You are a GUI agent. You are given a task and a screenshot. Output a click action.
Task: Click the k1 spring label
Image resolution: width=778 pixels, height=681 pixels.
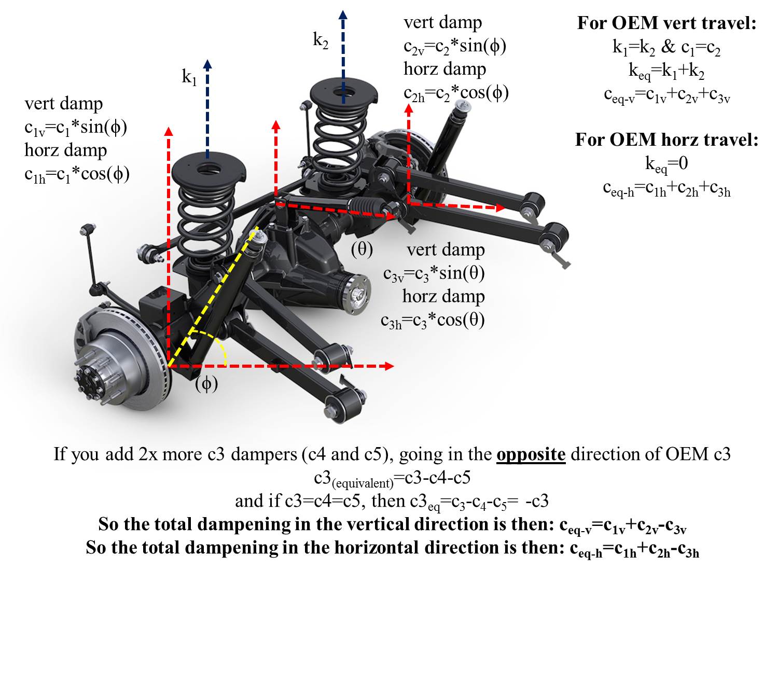click(x=189, y=78)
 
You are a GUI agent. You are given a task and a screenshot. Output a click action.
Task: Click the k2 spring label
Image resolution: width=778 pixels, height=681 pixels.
click(x=321, y=40)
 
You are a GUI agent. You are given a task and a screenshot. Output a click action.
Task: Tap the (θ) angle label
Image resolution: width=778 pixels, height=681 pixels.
click(x=362, y=249)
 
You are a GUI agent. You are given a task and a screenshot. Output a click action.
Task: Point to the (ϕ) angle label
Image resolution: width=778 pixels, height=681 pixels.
click(x=206, y=384)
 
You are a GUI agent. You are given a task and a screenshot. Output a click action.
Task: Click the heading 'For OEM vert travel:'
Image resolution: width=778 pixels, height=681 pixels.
click(x=666, y=23)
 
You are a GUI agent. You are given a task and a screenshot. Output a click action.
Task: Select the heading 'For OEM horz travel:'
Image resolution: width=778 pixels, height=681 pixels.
click(x=666, y=140)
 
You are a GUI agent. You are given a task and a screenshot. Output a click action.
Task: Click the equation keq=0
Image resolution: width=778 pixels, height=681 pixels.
click(x=666, y=164)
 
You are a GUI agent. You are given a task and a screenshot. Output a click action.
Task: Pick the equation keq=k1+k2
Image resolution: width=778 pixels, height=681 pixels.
click(x=666, y=71)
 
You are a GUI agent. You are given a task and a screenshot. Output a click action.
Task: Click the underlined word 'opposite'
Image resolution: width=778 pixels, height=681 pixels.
click(x=531, y=454)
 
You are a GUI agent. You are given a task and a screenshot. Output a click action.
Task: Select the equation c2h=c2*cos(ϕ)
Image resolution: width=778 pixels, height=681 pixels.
click(x=456, y=93)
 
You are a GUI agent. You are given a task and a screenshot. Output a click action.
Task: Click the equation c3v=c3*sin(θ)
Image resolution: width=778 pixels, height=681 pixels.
click(x=434, y=274)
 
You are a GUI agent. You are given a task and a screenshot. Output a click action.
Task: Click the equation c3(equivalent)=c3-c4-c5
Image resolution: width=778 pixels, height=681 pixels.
click(x=392, y=478)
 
